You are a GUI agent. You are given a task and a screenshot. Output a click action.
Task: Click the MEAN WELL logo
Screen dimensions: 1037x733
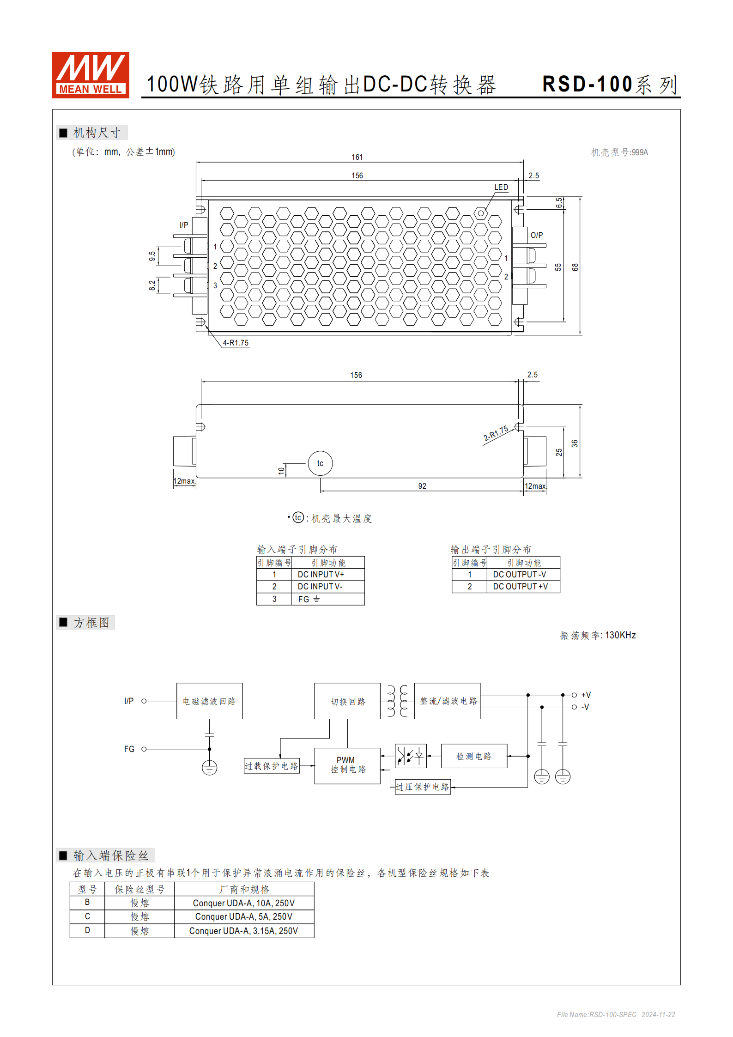91,75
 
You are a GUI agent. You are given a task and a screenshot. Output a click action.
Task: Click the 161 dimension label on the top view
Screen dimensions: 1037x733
357,157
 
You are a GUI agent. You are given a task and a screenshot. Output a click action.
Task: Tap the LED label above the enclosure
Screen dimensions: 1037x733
501,187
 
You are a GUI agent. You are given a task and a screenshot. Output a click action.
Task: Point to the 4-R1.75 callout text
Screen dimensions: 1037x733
236,343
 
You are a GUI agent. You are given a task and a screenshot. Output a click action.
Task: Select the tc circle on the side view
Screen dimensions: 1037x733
320,463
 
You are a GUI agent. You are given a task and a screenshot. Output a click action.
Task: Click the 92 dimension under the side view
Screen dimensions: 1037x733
422,486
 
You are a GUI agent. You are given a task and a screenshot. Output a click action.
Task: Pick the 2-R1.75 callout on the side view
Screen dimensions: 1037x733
496,433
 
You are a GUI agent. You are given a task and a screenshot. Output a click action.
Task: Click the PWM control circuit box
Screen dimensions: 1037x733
347,765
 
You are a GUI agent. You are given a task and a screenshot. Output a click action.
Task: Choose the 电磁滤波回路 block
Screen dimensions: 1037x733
209,701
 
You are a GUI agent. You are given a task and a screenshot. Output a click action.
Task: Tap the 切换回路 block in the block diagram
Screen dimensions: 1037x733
347,701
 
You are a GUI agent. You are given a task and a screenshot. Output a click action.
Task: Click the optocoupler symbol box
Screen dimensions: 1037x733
411,756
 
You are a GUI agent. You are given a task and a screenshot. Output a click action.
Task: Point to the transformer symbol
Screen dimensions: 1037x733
397,701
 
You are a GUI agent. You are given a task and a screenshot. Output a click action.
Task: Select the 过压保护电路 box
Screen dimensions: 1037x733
423,787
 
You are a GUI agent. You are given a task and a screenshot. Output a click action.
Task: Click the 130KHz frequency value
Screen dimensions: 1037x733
620,635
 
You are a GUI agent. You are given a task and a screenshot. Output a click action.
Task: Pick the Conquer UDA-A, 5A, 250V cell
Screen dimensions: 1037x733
244,916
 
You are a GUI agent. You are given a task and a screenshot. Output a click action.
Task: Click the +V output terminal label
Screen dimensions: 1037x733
586,695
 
